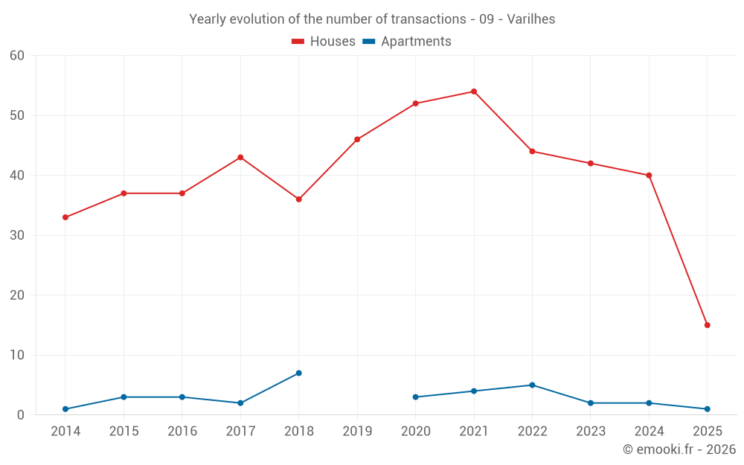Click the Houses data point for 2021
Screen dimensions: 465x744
click(474, 92)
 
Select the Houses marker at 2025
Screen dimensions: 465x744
click(708, 325)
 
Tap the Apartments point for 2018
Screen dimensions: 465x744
click(299, 373)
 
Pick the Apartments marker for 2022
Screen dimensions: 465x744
click(532, 385)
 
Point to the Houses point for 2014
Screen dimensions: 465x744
click(65, 217)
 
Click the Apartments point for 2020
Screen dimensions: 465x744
click(415, 397)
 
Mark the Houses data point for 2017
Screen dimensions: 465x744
click(240, 157)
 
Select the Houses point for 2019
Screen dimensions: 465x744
click(357, 139)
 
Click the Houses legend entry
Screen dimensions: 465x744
click(324, 42)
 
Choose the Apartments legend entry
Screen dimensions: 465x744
click(407, 42)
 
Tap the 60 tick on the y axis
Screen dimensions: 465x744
click(17, 56)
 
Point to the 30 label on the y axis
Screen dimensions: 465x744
click(17, 235)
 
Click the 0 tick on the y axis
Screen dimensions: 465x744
click(21, 415)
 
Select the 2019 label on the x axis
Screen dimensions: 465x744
click(357, 432)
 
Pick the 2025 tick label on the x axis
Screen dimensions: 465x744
click(708, 432)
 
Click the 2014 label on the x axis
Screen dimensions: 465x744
click(65, 432)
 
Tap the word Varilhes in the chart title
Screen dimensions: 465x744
click(530, 19)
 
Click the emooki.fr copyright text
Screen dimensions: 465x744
click(679, 449)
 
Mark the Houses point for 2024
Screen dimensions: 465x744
click(649, 176)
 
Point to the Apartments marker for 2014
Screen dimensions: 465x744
click(65, 409)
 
